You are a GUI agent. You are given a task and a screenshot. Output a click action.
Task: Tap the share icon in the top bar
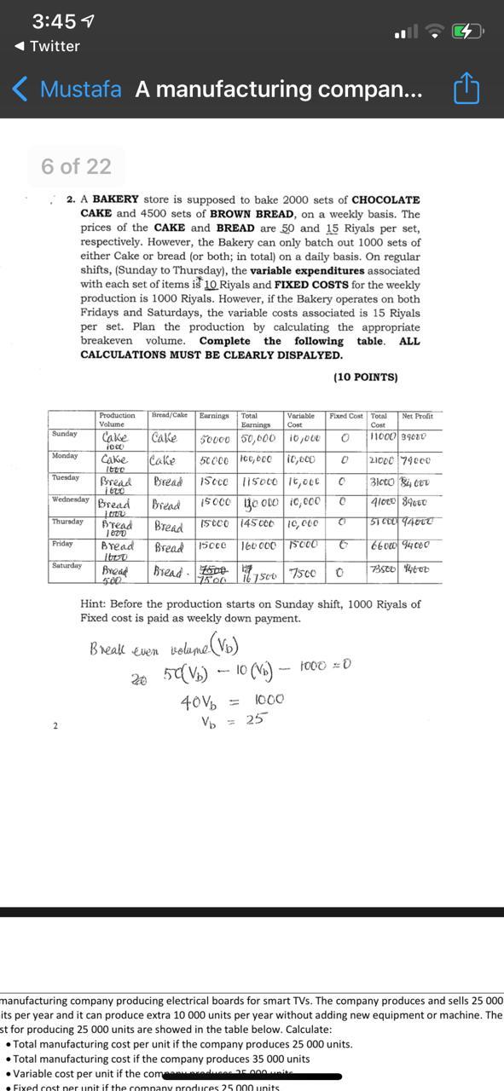466,89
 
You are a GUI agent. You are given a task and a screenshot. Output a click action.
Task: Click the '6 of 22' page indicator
76,166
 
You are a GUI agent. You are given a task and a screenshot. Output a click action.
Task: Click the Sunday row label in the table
65,434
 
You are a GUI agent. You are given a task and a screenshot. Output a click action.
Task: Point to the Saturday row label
67,565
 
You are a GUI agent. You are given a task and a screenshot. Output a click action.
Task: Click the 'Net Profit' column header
417,416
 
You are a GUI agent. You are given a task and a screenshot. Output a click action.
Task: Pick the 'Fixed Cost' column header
346,416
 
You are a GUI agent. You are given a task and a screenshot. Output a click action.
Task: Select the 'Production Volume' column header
117,419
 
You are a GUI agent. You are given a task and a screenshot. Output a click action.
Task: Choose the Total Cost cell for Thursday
380,524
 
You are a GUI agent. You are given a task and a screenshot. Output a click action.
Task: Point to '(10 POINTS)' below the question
365,377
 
